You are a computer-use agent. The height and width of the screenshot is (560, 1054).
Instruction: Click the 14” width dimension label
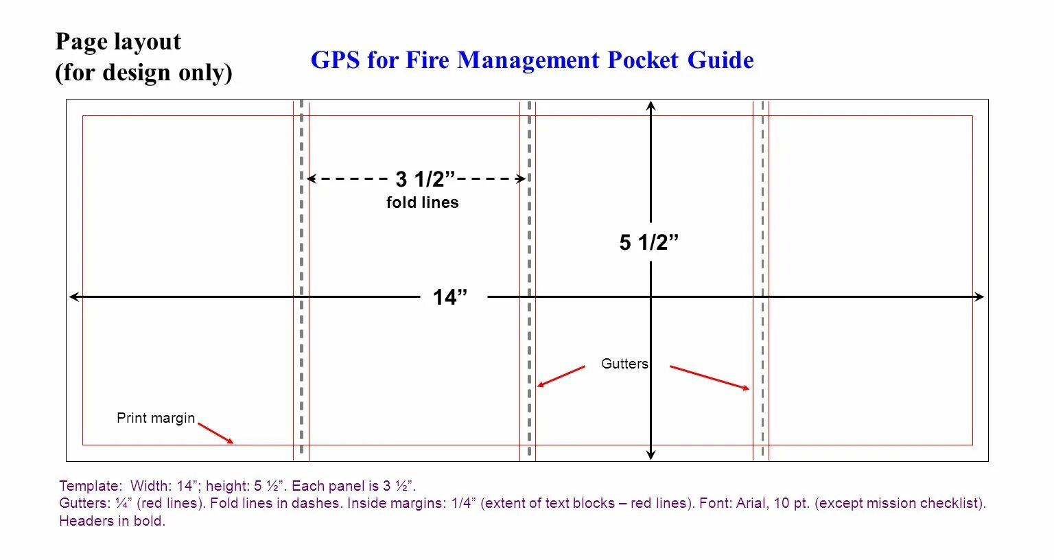click(449, 297)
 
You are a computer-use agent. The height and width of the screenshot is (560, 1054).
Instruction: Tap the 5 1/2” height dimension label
click(648, 242)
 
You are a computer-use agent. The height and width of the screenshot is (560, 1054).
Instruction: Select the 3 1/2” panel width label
click(425, 179)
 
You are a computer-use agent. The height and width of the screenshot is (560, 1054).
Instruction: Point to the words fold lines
click(422, 202)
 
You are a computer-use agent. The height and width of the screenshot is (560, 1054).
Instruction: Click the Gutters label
click(624, 364)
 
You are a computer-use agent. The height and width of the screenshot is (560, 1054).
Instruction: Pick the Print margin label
click(156, 418)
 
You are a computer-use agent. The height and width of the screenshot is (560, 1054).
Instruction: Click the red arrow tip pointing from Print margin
click(232, 443)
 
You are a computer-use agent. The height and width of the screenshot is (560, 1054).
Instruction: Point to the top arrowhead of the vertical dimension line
click(651, 105)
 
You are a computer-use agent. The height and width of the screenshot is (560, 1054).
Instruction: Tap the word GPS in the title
click(335, 60)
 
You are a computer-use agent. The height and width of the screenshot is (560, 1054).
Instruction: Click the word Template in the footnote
click(90, 486)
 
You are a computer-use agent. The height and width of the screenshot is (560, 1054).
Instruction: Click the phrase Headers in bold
click(112, 521)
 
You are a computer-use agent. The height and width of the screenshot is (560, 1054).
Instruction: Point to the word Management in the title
click(528, 60)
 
